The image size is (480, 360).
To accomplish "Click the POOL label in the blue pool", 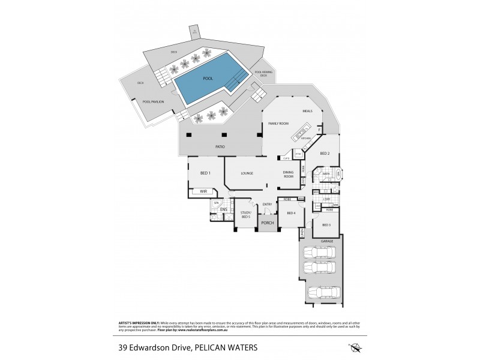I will pos(208,79).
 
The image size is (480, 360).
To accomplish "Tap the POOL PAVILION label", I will pos(154,102).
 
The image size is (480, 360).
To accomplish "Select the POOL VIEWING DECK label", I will pos(263,74).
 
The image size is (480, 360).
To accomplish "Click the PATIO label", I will pos(220,146).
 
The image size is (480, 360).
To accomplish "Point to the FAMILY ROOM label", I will pos(279,123).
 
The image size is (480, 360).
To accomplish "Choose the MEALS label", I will pos(307,111).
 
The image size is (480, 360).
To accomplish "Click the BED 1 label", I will pos(205,173).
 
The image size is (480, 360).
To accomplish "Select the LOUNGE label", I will pos(247,173).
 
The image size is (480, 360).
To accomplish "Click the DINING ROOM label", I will pos(289,175).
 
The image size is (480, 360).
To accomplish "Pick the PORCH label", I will pos(268,223).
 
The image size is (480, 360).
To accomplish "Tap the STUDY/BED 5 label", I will pos(245,214).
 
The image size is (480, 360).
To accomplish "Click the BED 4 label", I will pos(292,213).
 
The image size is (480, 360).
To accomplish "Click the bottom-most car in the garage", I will pos(323,293).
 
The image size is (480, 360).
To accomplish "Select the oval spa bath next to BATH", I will pos(338,174).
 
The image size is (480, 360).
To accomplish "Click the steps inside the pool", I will pos(239,76).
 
